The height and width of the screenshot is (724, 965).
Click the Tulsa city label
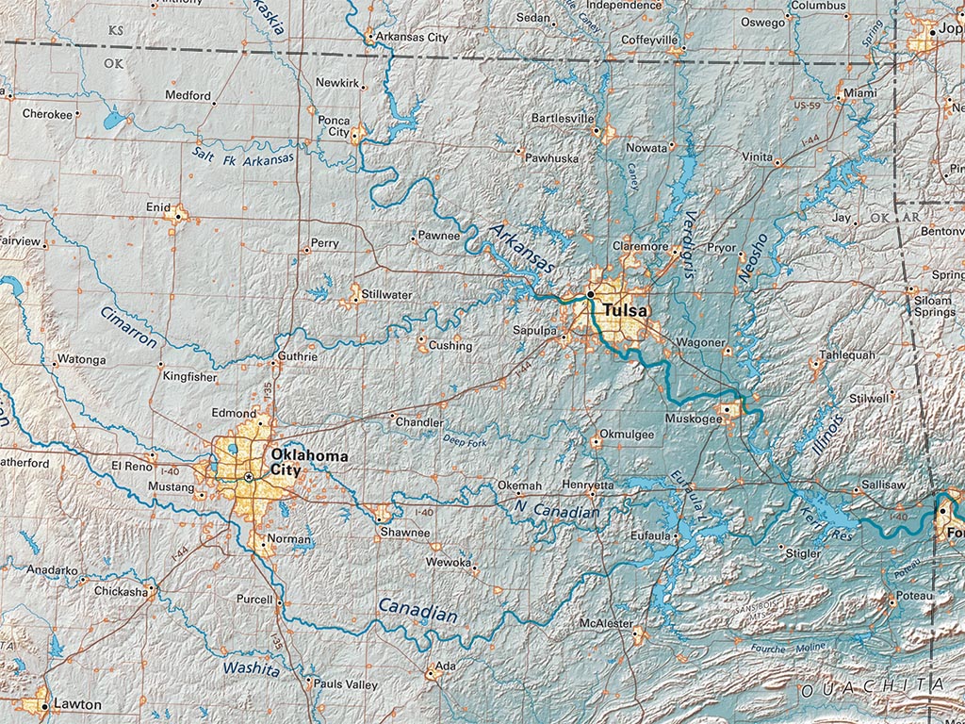tap(626, 311)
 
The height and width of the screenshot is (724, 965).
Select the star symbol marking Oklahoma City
tap(248, 478)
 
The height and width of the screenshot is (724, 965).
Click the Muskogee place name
tap(691, 417)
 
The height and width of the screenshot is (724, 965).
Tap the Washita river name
tap(252, 669)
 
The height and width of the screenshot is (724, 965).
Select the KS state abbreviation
tap(116, 30)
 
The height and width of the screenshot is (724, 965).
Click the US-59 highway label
tap(808, 104)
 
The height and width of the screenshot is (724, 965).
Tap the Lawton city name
tap(77, 703)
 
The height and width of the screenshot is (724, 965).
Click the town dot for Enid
tap(177, 216)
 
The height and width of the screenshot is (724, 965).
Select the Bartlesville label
tap(563, 119)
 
